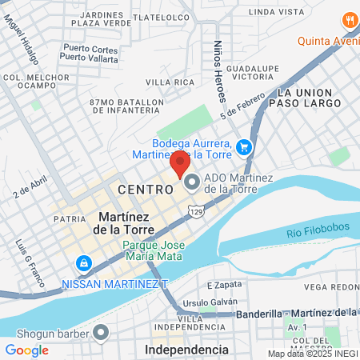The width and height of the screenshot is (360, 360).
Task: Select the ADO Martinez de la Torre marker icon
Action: pos(192,183)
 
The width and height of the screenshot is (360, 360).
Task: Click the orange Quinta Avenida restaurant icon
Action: pos(349,20)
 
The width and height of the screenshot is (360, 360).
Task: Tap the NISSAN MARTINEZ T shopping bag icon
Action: pos(82,262)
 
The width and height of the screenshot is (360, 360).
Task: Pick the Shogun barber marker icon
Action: pos(101,332)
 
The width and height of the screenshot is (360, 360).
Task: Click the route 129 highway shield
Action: pos(194,210)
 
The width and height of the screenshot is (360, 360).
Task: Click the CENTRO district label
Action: pos(145,190)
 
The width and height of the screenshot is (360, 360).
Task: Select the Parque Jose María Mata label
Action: pos(154,250)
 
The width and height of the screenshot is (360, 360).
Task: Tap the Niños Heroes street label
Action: pos(218,71)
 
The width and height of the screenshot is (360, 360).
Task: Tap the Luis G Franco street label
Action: pos(21,256)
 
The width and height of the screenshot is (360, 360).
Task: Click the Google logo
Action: pos(26,350)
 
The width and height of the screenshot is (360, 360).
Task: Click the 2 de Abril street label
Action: pos(26,190)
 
